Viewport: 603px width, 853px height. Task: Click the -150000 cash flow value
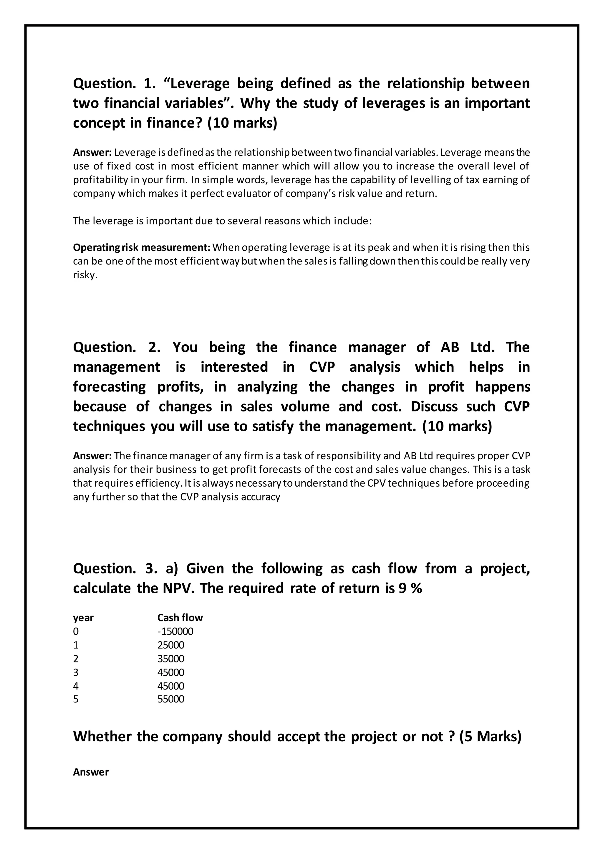tap(175, 631)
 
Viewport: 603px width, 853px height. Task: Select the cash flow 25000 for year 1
tap(171, 645)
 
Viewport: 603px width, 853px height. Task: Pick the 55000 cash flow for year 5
tap(171, 699)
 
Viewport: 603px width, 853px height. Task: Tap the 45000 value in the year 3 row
tap(171, 672)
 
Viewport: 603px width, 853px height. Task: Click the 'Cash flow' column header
tap(180, 617)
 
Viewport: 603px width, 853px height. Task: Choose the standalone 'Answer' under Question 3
tap(91, 772)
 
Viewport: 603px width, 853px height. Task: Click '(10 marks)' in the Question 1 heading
tap(242, 123)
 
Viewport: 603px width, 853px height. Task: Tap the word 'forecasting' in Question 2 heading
tap(110, 387)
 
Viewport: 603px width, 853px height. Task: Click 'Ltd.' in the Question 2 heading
tap(482, 347)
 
